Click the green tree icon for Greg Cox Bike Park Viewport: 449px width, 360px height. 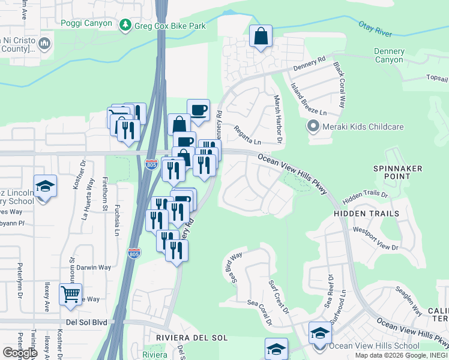tap(125, 25)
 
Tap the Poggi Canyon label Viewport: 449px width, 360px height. tap(86, 23)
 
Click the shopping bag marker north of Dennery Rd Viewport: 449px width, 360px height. tap(261, 37)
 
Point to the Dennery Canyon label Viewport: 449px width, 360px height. tap(389, 55)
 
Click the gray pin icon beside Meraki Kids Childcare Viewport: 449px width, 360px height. tap(312, 127)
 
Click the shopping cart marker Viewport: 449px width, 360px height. tap(70, 295)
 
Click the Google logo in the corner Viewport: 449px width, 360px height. tap(19, 353)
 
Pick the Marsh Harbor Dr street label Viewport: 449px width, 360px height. tap(277, 119)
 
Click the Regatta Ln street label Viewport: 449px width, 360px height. tap(247, 135)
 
